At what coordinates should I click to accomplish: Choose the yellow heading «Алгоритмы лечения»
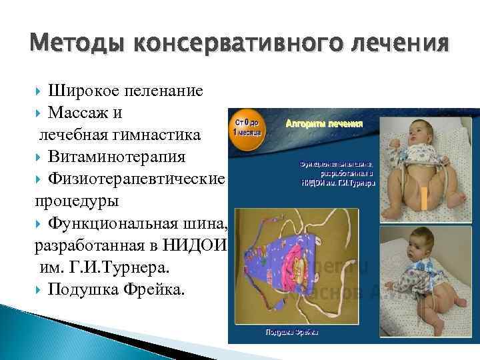tap(324, 124)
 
